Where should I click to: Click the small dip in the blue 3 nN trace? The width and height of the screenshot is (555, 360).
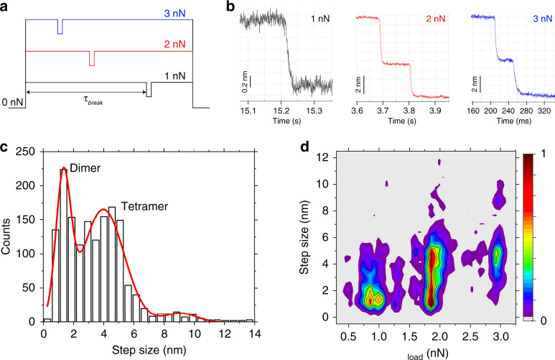pyautogui.click(x=60, y=27)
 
